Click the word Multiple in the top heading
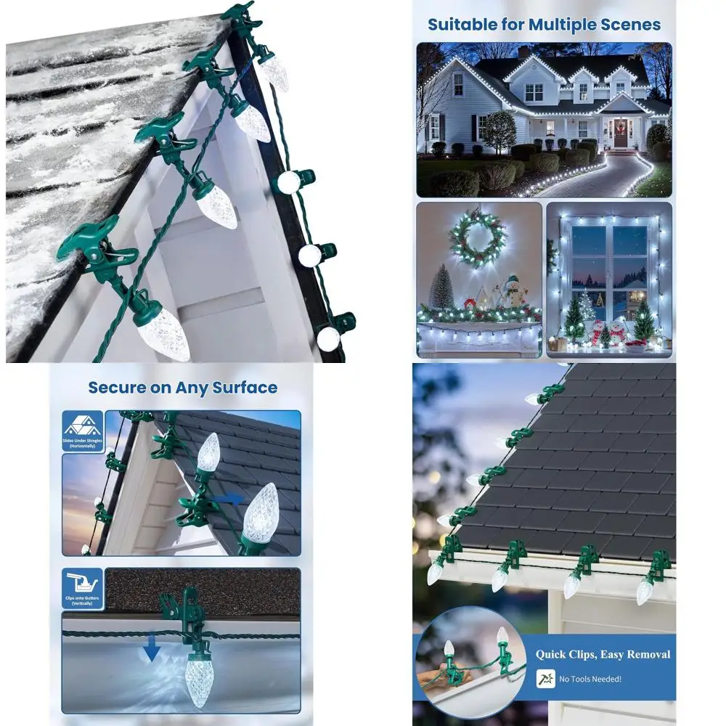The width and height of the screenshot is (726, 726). [x=563, y=24]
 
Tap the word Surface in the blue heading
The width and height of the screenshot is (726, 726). [x=243, y=387]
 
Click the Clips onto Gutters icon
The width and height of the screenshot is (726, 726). [x=82, y=584]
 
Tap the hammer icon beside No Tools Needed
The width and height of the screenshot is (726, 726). [x=544, y=679]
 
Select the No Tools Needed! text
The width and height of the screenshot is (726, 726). [x=590, y=679]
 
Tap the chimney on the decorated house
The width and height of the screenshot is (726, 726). [x=523, y=52]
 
